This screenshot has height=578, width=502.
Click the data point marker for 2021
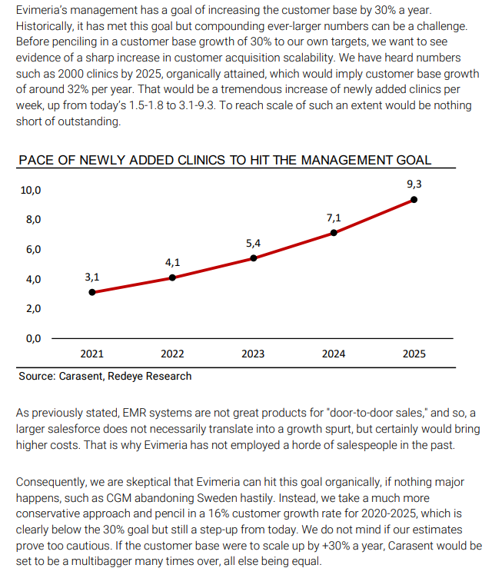(92, 292)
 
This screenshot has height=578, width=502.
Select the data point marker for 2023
(253, 258)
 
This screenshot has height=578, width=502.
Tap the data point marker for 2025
(414, 199)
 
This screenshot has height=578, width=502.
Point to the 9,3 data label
(414, 184)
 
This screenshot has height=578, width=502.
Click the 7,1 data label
(334, 218)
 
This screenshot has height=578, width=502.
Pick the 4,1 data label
(172, 262)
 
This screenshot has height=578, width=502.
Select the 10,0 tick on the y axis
(31, 190)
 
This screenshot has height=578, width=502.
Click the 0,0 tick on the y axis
(33, 338)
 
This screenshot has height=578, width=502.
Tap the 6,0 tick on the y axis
(33, 250)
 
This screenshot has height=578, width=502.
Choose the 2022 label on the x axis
(172, 354)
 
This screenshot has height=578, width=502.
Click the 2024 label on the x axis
(334, 354)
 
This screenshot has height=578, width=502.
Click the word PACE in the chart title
(36, 161)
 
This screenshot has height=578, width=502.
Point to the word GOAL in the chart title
(412, 161)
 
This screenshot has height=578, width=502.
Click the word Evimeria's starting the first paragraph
(45, 12)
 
